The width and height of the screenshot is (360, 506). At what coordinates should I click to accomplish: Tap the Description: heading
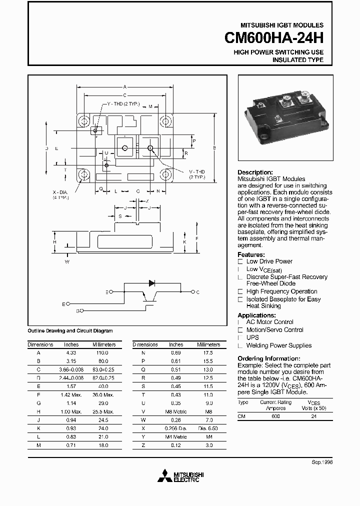coord(255,172)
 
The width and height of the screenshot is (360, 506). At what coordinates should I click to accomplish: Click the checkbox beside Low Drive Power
coord(240,261)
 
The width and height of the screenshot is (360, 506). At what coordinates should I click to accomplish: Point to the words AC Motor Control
coord(269,322)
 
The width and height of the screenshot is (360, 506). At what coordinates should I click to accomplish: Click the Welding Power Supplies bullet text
coord(278,345)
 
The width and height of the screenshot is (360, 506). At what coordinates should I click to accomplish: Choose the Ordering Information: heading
coord(268,359)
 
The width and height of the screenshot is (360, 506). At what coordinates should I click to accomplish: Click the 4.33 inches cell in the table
coord(71,352)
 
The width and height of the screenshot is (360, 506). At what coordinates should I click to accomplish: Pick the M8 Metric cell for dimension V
coord(175,412)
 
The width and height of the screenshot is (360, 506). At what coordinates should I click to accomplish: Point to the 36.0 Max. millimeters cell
coord(104,395)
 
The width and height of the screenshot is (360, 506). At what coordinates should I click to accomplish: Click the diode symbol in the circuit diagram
coord(151,283)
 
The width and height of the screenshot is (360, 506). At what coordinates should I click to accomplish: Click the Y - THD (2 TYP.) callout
coord(123,104)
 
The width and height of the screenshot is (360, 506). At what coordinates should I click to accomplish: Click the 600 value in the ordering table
coord(275,416)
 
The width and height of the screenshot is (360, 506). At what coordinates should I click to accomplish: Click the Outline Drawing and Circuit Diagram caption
coord(69,331)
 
